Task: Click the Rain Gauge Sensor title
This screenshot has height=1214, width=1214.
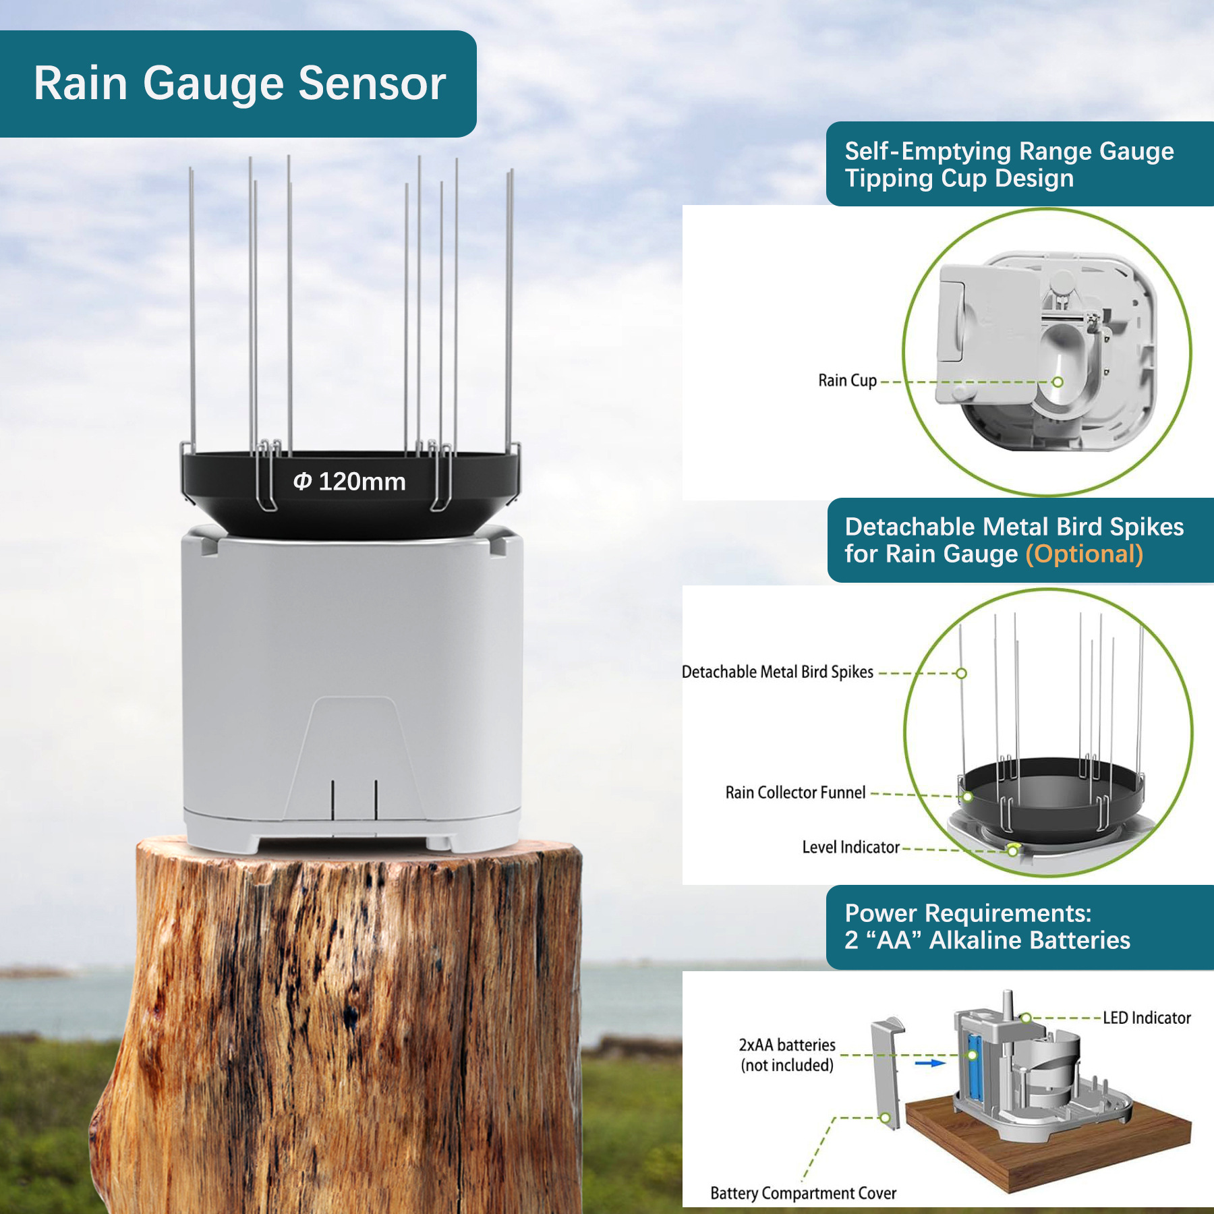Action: pyautogui.click(x=239, y=84)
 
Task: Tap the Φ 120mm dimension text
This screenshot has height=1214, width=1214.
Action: pyautogui.click(x=349, y=482)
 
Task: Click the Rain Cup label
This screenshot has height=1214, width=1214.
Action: pyautogui.click(x=847, y=380)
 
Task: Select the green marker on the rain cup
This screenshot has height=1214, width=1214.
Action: pyautogui.click(x=1058, y=382)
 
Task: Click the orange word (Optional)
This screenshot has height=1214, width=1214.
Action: pyautogui.click(x=1084, y=554)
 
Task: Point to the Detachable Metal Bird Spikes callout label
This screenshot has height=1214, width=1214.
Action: pyautogui.click(x=777, y=672)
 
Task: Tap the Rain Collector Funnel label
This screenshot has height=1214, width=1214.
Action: pyautogui.click(x=795, y=792)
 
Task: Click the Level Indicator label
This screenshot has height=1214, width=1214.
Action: pyautogui.click(x=850, y=847)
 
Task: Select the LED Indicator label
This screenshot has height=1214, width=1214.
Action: pyautogui.click(x=1147, y=1018)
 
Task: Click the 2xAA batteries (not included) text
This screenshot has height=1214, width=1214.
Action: pyautogui.click(x=787, y=1055)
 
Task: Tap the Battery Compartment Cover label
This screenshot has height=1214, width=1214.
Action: pyautogui.click(x=803, y=1193)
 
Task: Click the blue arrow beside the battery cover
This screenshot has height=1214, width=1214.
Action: pyautogui.click(x=929, y=1063)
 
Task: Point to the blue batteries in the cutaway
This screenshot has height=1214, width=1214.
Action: pyautogui.click(x=973, y=1066)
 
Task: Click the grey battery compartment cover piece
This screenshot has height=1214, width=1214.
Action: pyautogui.click(x=885, y=1072)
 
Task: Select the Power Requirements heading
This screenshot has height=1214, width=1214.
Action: pyautogui.click(x=987, y=927)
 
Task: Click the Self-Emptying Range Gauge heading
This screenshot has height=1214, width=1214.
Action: pyautogui.click(x=1009, y=164)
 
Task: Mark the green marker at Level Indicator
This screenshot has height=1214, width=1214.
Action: pyautogui.click(x=1012, y=850)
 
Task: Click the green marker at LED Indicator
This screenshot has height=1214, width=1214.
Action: pyautogui.click(x=1026, y=1018)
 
